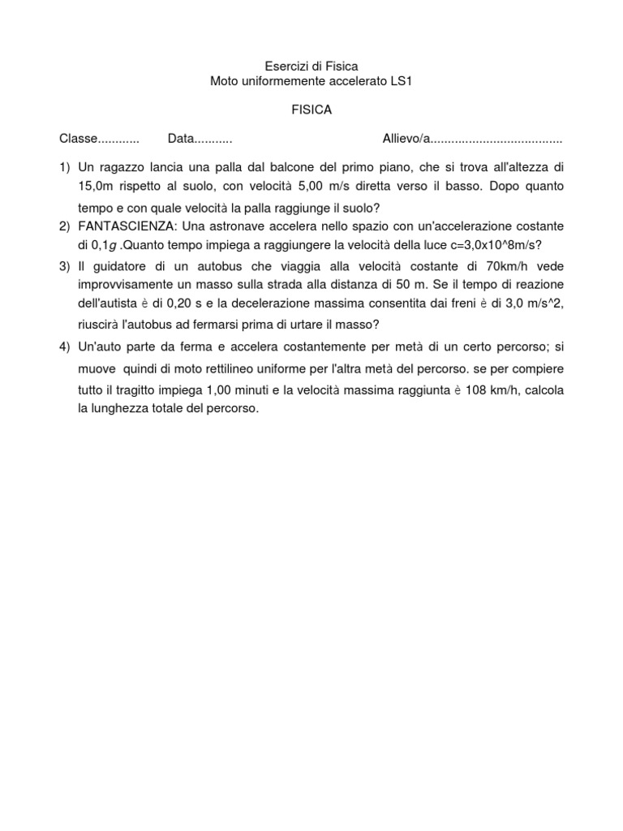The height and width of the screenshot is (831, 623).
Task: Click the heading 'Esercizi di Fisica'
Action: (x=311, y=66)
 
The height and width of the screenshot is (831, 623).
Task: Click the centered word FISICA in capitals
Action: (x=311, y=110)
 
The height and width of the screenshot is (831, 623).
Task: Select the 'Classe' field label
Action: (x=78, y=139)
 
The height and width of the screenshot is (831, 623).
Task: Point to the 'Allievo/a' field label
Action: (x=406, y=139)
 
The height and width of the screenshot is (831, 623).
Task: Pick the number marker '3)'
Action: (x=64, y=265)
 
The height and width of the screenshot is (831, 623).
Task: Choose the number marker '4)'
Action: (x=64, y=347)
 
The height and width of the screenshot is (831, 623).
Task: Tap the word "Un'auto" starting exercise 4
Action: (x=100, y=347)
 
